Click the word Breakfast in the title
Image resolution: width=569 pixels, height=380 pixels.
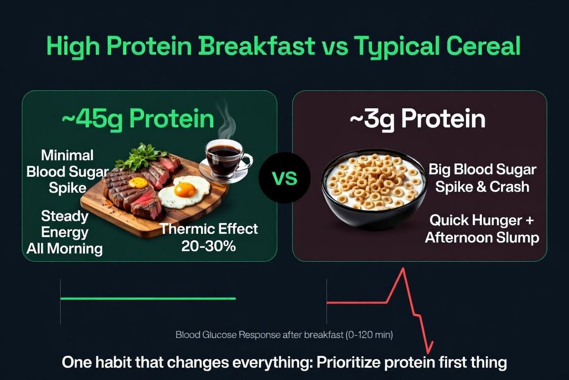coord(257,46)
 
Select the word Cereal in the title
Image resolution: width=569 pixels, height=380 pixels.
coord(483,46)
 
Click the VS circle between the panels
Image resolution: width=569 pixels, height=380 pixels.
coord(284,178)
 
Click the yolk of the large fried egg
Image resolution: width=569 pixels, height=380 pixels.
coord(185,190)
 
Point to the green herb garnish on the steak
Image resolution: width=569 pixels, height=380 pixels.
coord(141,157)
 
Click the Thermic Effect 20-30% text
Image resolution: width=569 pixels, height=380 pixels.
coord(209,237)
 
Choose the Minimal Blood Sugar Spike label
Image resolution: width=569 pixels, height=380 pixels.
coord(67,171)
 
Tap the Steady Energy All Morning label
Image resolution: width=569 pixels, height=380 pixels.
coord(64,232)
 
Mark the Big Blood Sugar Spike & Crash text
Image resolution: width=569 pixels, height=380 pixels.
coord(482,178)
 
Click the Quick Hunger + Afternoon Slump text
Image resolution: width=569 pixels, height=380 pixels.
coord(482,229)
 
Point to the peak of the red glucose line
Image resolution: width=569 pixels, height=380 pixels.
coord(403,268)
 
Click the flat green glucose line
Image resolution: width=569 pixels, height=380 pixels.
coord(148,299)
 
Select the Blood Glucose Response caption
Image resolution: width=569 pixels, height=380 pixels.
coord(284,335)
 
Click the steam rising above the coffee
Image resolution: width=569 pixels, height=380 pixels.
coord(226,120)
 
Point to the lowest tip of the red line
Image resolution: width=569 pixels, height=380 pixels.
coord(428,353)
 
